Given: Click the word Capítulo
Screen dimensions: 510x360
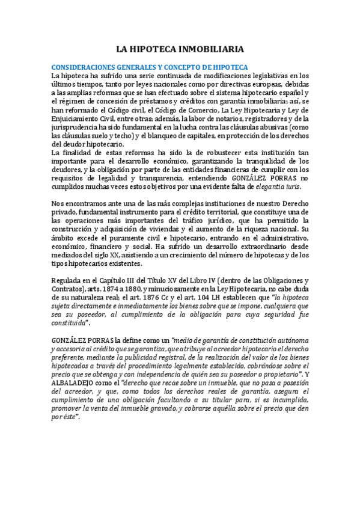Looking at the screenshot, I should click(105, 280).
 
